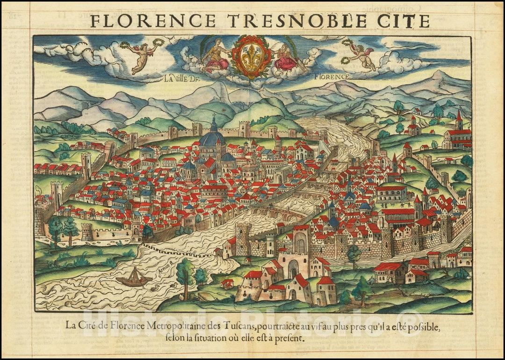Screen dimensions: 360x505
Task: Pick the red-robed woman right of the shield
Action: point(286,57)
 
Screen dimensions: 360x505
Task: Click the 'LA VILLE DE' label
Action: point(181,78)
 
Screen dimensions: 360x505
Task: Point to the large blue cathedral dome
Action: point(213,138)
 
